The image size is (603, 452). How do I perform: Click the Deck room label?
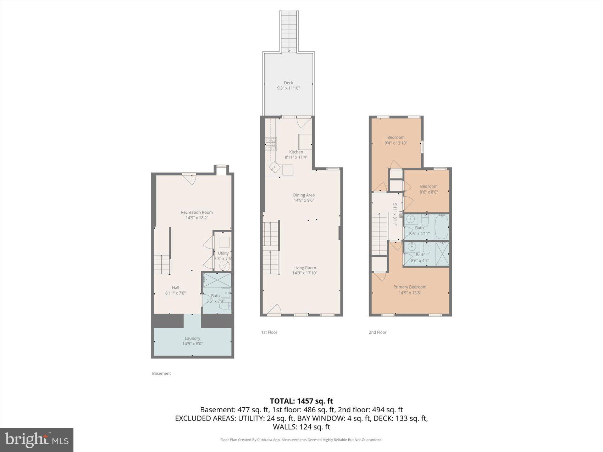tap(288, 83)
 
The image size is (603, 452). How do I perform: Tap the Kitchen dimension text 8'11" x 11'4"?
tap(296, 157)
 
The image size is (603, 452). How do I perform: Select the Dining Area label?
tap(304, 195)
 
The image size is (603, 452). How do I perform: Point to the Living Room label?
tap(304, 268)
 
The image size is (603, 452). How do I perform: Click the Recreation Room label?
tap(197, 212)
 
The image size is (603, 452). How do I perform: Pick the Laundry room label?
tap(192, 338)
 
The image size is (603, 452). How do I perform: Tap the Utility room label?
tap(223, 253)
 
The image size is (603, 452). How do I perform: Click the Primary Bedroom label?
tap(410, 287)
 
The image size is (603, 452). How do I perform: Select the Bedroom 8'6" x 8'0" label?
tap(428, 186)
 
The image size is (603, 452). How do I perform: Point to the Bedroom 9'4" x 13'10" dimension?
tap(396, 143)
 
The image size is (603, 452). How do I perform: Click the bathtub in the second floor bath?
tap(441, 227)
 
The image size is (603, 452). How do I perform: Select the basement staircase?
tap(162, 264)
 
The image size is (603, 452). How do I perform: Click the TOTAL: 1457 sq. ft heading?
tap(301, 401)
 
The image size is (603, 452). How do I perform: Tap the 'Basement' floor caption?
tap(161, 373)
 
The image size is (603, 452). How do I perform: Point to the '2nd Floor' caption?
tap(377, 332)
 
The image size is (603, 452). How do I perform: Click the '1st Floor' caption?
tap(269, 332)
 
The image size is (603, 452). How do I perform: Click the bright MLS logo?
tap(37, 440)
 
